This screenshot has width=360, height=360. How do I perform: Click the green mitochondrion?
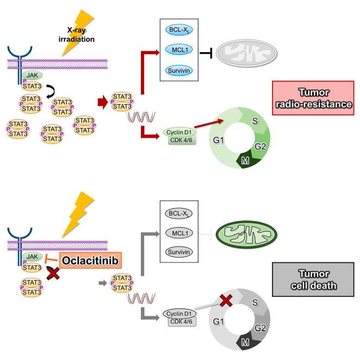click(246, 235)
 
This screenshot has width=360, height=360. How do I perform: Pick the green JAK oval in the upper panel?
click(30, 76)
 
